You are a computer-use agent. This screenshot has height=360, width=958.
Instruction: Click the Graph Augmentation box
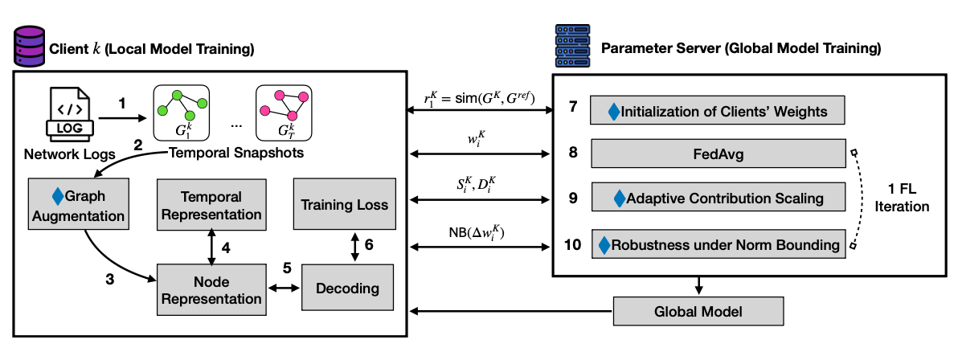(x=79, y=205)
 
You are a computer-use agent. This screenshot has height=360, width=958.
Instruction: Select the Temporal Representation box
(x=211, y=205)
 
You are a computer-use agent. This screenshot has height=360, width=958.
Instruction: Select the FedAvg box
(x=718, y=152)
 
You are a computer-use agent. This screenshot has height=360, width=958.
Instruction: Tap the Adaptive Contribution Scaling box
(x=718, y=197)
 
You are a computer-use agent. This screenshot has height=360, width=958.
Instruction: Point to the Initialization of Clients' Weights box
(x=718, y=109)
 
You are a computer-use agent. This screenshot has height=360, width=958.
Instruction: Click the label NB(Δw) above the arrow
(x=479, y=234)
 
